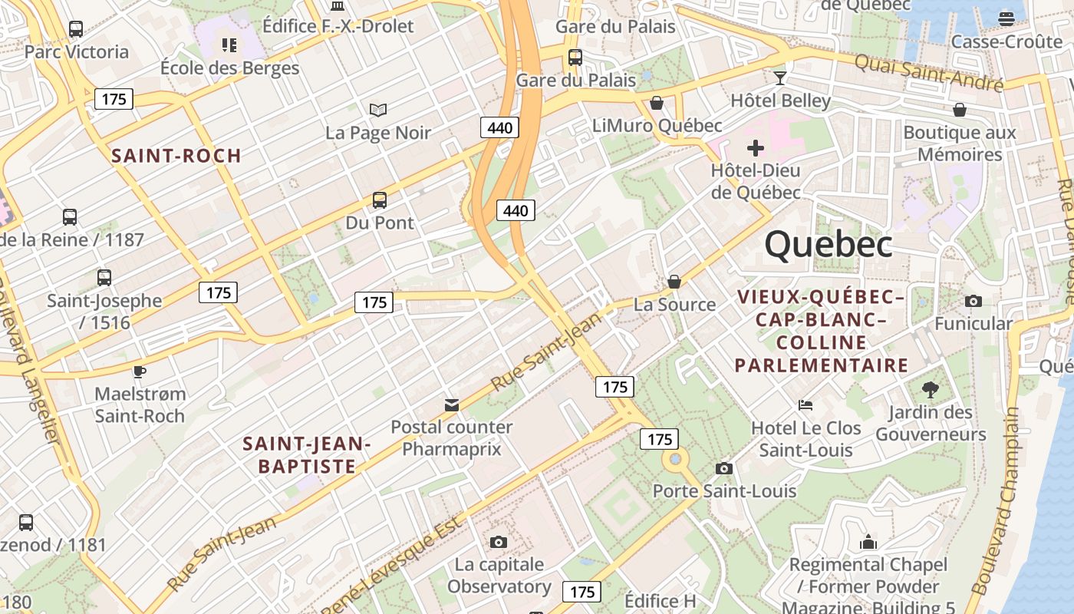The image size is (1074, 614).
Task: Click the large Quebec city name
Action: coord(829,245)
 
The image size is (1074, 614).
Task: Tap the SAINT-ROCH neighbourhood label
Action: coord(176,156)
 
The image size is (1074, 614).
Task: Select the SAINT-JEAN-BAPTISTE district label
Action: coord(307,454)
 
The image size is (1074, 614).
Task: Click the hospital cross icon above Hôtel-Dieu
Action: coord(756,147)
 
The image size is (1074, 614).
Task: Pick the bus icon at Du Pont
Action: coord(380,200)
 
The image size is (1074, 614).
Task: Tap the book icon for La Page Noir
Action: coord(378,111)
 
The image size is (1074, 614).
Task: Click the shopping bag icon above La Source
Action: coord(674,282)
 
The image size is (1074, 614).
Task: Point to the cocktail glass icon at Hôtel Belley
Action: coord(780,78)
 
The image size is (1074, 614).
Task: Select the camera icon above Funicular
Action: coord(974,301)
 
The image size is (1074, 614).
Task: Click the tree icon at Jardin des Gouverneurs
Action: coord(931,390)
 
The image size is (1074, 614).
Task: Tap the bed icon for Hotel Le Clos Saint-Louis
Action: coord(805,405)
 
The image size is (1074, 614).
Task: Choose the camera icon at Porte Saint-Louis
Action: coord(723,468)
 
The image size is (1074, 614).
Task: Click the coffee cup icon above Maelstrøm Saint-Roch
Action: coord(139,371)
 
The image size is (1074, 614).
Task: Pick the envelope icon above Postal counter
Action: coord(452,404)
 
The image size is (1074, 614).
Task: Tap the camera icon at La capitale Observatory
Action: coord(499,543)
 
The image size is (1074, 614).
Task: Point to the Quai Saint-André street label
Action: coord(928,71)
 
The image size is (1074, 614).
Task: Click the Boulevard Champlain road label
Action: coord(996,499)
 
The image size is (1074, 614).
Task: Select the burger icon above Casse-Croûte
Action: coord(1006,18)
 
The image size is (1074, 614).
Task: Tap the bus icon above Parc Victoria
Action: coord(76,29)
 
